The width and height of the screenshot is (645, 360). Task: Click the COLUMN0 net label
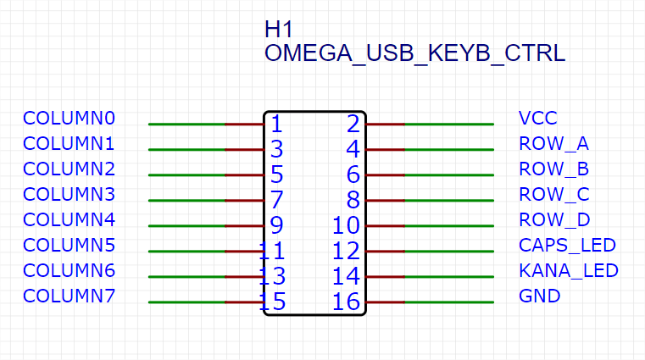[x=69, y=118]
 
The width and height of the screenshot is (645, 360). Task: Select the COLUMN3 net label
[x=69, y=194]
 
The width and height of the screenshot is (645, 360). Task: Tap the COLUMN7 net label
[x=69, y=296]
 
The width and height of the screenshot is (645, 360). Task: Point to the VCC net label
[x=538, y=118]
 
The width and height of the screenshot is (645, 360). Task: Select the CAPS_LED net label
[x=566, y=246]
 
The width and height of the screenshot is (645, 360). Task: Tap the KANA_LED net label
[x=568, y=271]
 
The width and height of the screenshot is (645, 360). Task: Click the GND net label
[x=539, y=296]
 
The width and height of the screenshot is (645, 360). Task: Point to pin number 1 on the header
[x=275, y=125]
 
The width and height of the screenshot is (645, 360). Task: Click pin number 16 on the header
[x=348, y=302]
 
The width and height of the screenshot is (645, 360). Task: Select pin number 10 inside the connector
[x=348, y=226]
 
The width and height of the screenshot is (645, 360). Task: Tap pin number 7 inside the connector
[x=275, y=201]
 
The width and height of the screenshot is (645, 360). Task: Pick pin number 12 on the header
[x=348, y=252]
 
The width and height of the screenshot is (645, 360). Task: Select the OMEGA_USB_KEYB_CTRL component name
[x=414, y=53]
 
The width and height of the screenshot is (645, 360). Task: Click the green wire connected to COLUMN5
[x=186, y=252]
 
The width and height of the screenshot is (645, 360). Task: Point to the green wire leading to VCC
[x=449, y=125]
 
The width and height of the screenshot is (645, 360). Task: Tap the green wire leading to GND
[x=449, y=302]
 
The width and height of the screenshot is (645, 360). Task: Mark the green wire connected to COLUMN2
[x=186, y=175]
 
